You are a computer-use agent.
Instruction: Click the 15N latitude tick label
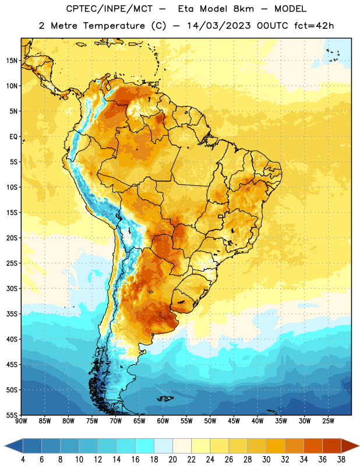pos(12,61)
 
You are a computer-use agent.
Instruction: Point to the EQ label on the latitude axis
pos(13,137)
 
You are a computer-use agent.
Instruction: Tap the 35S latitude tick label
pos(12,314)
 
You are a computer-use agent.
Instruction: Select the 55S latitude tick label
pos(12,415)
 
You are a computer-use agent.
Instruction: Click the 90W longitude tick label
pos(21,421)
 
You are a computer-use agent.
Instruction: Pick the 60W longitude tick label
pos(163,421)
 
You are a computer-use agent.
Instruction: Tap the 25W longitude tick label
pos(329,421)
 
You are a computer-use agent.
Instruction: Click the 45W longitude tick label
pos(234,421)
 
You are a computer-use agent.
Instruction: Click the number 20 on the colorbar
pos(172,460)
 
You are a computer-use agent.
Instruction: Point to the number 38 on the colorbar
pos(341,460)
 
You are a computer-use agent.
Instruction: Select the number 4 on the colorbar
pos(23,460)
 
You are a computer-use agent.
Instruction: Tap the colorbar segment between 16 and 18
pos(145,446)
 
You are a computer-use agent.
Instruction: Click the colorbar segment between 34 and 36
pos(313,446)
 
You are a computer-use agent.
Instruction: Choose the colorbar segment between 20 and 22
pos(182,446)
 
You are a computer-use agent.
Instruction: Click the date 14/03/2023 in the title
pos(219,26)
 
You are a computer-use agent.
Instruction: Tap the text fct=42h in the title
pos(314,26)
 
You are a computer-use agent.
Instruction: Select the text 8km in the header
pos(243,9)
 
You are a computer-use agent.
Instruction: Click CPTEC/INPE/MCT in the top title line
pos(109,9)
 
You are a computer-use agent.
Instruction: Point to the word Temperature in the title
pos(114,26)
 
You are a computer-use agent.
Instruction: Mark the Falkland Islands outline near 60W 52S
pos(165,398)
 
